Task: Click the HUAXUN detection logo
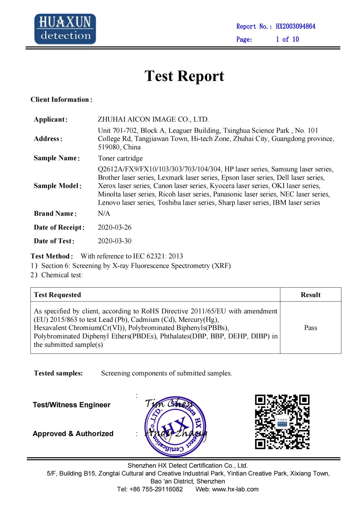pyautogui.click(x=65, y=29)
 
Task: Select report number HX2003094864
pyautogui.click(x=296, y=26)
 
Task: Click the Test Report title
pyautogui.click(x=184, y=76)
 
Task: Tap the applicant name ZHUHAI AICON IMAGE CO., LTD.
pyautogui.click(x=153, y=119)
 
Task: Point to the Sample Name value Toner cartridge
pyautogui.click(x=120, y=158)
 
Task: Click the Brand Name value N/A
pyautogui.click(x=104, y=214)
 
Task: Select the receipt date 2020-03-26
pyautogui.click(x=115, y=227)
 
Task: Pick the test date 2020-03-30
pyautogui.click(x=115, y=241)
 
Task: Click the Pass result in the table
pyautogui.click(x=310, y=328)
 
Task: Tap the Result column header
pyautogui.click(x=310, y=295)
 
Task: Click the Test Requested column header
pyautogui.click(x=57, y=295)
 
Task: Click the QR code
pyautogui.click(x=282, y=422)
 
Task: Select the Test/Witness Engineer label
pyautogui.click(x=72, y=405)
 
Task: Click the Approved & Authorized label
pyautogui.click(x=73, y=434)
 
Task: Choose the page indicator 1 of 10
pyautogui.click(x=287, y=39)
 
